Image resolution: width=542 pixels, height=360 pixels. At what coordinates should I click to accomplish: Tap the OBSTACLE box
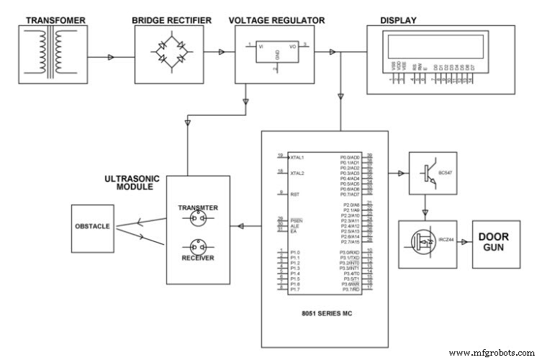point(92,226)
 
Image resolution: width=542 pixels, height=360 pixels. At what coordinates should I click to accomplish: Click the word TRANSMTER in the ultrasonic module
point(198,207)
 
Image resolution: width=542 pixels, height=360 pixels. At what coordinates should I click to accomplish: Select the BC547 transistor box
point(432,174)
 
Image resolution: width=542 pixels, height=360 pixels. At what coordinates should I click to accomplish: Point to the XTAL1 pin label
point(297,156)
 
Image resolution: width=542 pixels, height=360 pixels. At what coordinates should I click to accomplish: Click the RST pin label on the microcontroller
point(294,194)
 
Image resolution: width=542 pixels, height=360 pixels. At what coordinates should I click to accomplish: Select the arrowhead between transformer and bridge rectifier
point(111,55)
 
